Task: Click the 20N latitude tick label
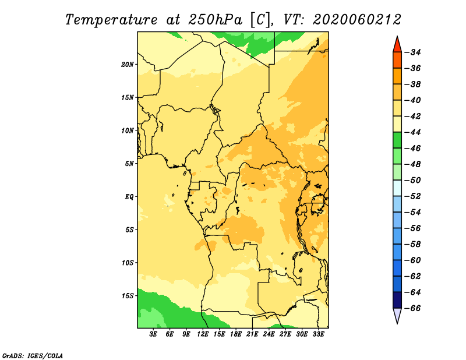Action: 128,65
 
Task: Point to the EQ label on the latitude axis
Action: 129,197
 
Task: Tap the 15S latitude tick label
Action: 128,296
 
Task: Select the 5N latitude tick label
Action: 129,164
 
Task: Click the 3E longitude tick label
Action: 153,334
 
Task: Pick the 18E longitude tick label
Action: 236,334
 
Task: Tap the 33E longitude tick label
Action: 318,334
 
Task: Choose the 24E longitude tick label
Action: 269,334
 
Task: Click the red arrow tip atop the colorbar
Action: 397,36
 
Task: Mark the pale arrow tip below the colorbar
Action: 397,323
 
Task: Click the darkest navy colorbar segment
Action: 397,300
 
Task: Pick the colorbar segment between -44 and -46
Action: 397,140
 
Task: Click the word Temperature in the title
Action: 111,20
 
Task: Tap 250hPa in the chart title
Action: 215,20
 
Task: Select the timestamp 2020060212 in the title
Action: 357,20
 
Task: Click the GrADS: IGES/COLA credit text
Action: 33,356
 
